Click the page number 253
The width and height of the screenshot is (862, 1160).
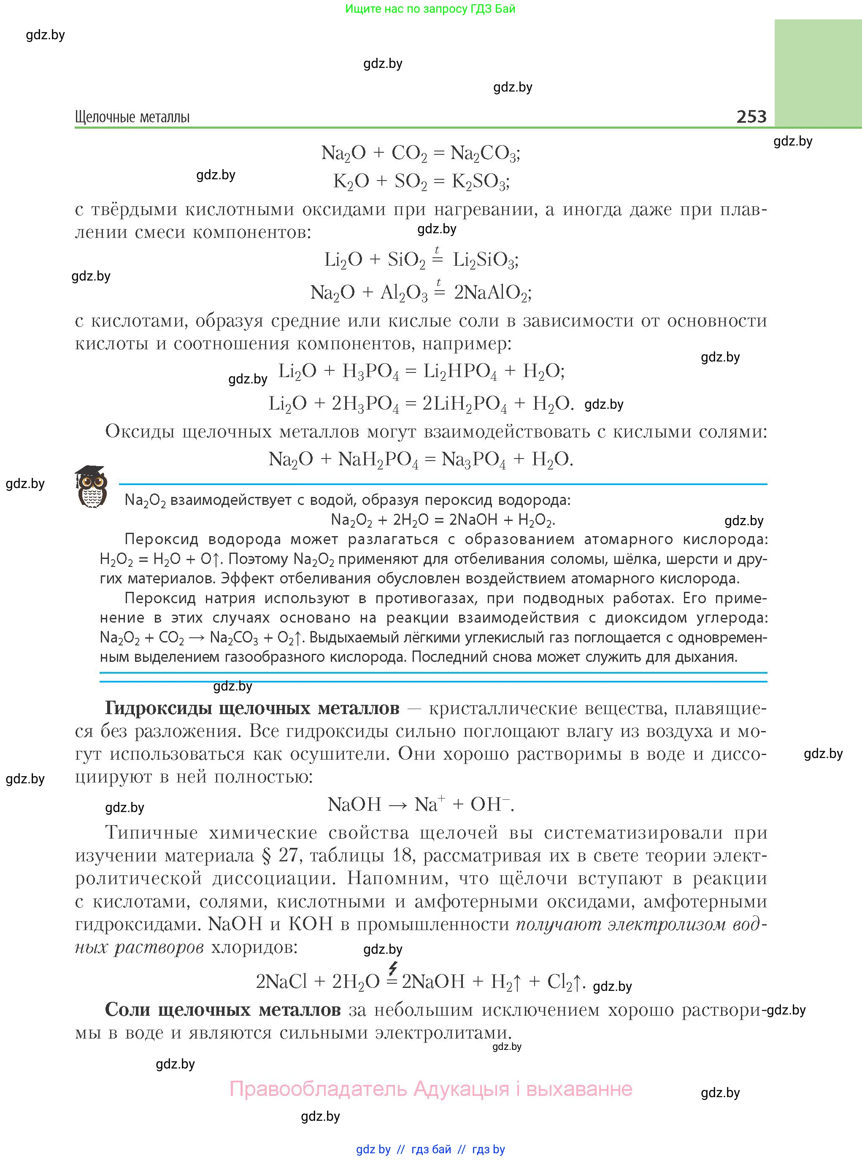click(x=751, y=116)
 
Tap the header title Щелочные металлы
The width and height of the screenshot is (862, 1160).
click(x=132, y=117)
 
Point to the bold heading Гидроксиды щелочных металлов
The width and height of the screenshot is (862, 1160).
click(x=252, y=708)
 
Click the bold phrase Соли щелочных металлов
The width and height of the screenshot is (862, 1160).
click(x=223, y=1010)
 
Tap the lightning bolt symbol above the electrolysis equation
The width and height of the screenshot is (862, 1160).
click(x=392, y=968)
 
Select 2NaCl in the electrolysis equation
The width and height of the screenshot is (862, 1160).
click(x=281, y=982)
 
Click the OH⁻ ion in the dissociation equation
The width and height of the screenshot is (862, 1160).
click(x=489, y=804)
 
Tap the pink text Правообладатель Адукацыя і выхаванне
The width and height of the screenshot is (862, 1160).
click(x=430, y=1089)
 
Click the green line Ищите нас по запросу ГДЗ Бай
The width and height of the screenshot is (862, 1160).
click(x=430, y=9)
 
